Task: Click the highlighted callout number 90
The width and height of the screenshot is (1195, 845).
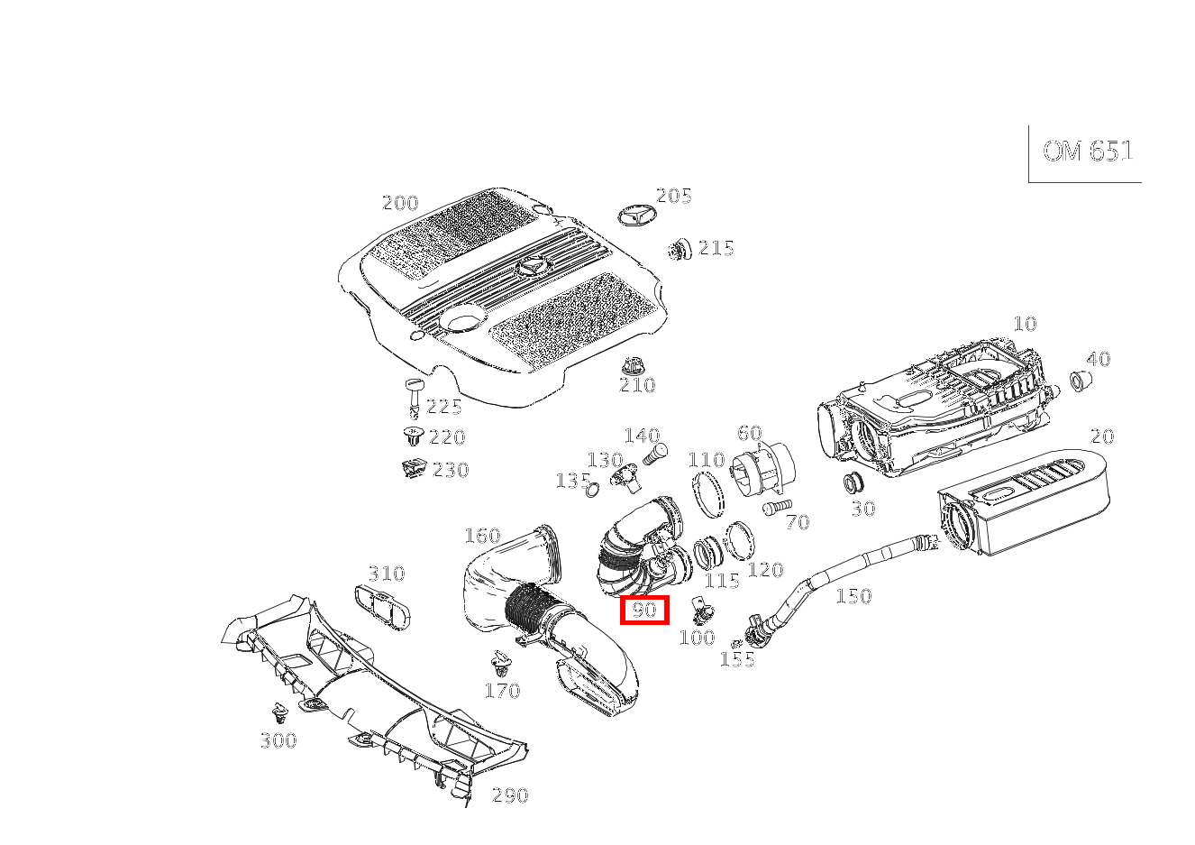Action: click(644, 611)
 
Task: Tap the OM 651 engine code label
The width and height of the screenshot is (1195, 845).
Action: click(1087, 152)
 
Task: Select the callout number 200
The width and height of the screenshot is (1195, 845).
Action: click(400, 203)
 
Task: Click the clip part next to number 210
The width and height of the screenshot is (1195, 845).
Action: click(634, 365)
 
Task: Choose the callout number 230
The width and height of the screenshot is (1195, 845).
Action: click(451, 470)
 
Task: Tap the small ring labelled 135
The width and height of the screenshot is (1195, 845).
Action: click(591, 491)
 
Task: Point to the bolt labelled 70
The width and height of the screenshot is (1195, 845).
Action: click(774, 509)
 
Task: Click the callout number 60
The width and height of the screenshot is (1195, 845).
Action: click(749, 434)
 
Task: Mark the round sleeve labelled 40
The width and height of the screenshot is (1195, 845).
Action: click(1079, 381)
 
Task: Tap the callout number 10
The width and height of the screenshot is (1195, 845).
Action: click(1025, 324)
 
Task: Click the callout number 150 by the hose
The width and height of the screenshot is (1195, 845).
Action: click(853, 596)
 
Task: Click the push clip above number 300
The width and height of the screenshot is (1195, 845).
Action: click(279, 714)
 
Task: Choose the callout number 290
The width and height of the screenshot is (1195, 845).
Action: click(510, 795)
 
